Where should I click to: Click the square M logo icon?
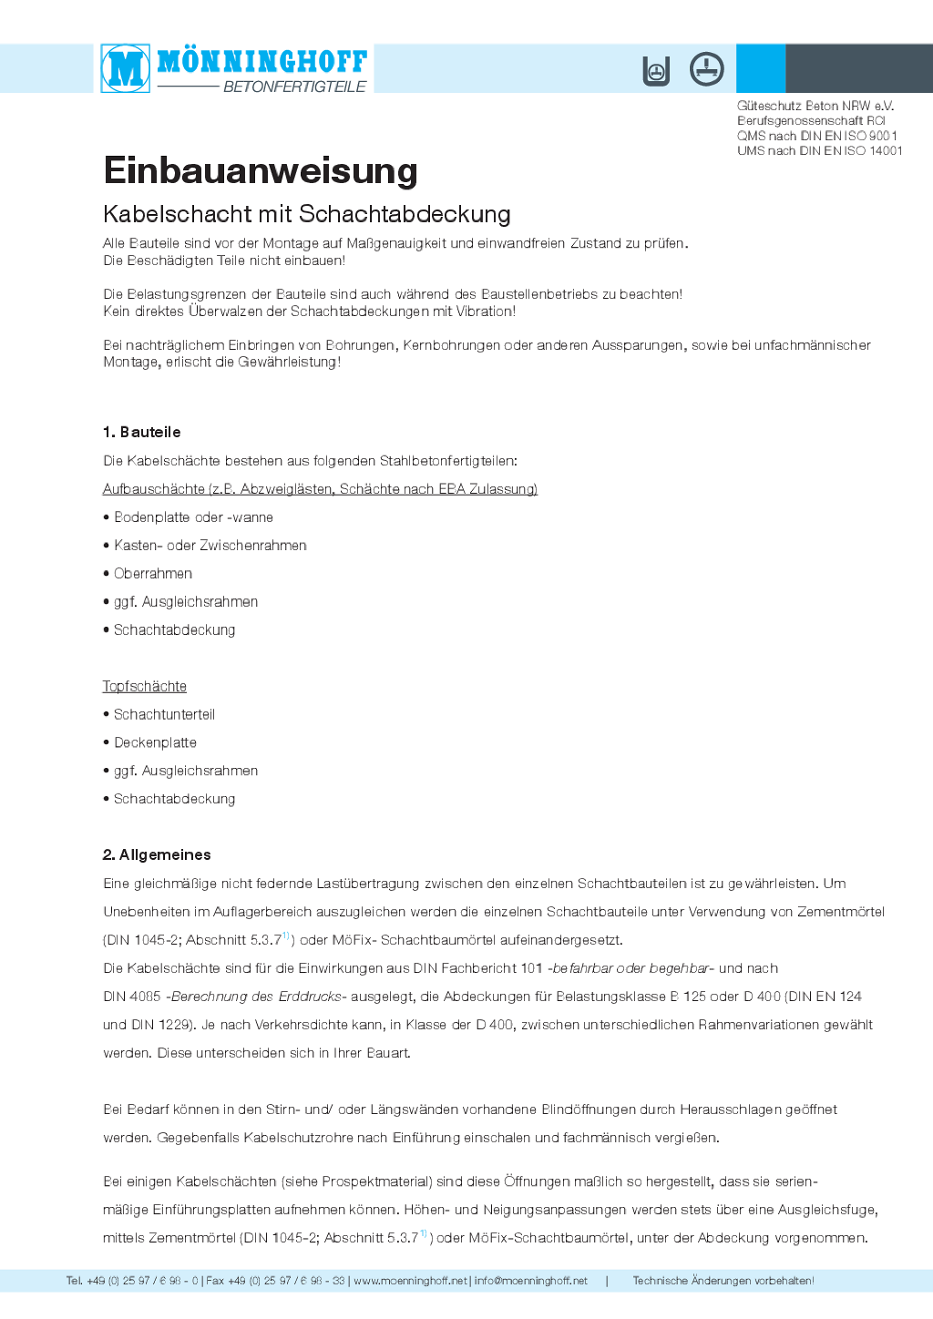coord(126,68)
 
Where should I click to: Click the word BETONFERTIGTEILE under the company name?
coord(294,87)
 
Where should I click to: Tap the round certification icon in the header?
coord(706,69)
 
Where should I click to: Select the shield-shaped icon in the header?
coord(656,71)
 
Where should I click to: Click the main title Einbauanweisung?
coord(261,171)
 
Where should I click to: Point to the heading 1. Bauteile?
coord(141,432)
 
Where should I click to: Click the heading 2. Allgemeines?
coord(156,854)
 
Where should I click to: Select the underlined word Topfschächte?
coord(144,686)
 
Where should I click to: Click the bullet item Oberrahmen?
coord(153,573)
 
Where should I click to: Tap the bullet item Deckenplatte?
coord(155,742)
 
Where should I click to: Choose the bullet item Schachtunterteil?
coord(164,714)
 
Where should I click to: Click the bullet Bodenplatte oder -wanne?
coord(193,517)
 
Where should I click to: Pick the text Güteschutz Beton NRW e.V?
coord(815,106)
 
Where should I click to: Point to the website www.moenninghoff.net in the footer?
coord(410,1281)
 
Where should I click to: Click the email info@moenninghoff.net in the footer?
coord(530,1281)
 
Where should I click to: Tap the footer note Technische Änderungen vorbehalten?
coord(723,1281)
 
